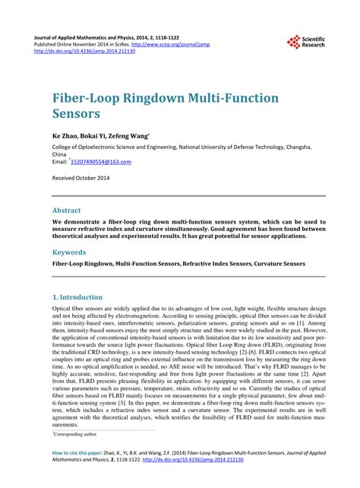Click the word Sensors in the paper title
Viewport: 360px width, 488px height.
point(77,116)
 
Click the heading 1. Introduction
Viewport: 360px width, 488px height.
point(77,296)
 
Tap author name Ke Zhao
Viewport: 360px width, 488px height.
point(67,135)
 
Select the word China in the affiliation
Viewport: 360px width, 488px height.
point(60,154)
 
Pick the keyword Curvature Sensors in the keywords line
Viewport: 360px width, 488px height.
point(279,264)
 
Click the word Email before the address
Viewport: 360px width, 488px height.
point(59,162)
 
